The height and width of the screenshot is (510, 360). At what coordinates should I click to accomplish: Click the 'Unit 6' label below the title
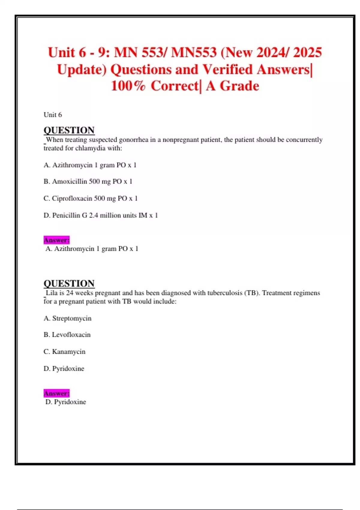click(53, 115)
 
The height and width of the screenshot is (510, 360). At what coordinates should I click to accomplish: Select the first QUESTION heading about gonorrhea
click(69, 130)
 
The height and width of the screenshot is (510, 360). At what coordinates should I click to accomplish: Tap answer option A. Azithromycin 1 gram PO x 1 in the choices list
click(90, 165)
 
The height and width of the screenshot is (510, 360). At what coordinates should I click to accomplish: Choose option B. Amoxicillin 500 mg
click(88, 181)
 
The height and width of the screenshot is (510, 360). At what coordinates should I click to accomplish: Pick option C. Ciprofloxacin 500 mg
click(91, 198)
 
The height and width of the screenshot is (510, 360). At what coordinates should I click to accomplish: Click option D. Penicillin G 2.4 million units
click(101, 215)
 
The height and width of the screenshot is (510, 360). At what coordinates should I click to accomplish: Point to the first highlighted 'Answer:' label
click(56, 240)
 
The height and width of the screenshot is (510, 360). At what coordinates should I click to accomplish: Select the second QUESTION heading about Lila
click(69, 283)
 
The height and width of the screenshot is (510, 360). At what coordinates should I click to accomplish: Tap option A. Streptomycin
click(67, 318)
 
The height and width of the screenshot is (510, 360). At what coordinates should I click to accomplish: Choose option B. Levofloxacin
click(67, 334)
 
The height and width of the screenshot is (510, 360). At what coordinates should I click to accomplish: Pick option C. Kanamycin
click(64, 352)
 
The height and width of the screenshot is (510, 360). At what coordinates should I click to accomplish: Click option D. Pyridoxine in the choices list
click(64, 368)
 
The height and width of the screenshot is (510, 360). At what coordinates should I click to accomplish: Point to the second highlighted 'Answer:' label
click(56, 393)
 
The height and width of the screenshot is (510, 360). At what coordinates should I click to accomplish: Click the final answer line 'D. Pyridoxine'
click(66, 402)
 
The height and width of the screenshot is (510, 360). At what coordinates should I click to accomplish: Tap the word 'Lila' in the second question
click(52, 293)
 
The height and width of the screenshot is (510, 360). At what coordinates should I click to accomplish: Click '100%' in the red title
click(128, 86)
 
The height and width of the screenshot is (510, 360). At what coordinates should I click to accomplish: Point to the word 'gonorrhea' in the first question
click(133, 140)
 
